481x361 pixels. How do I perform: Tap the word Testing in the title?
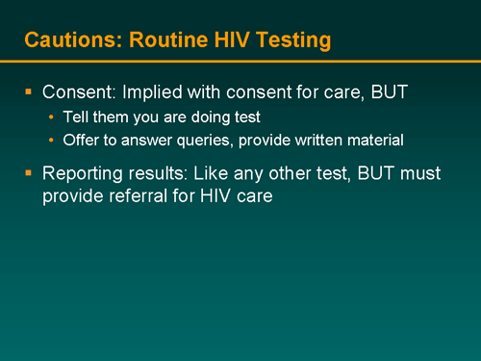(x=292, y=40)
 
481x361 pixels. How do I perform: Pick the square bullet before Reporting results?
(x=29, y=174)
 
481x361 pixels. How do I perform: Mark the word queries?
(x=219, y=142)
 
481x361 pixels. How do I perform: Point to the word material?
(x=378, y=142)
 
